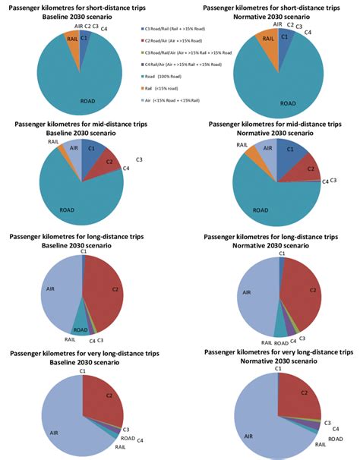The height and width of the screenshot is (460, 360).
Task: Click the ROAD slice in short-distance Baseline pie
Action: click(x=76, y=83)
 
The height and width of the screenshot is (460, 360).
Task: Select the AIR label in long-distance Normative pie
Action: click(x=245, y=291)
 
